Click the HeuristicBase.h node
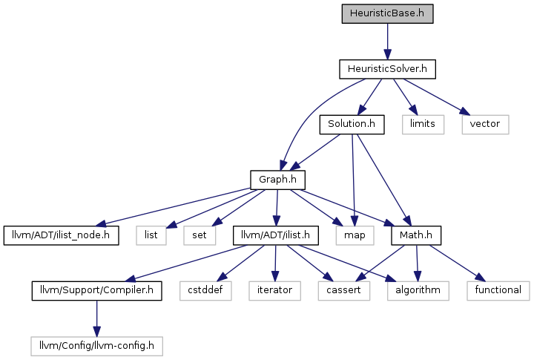tap(387, 13)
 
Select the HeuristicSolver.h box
tap(387, 69)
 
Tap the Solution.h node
tap(352, 125)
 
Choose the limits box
tap(423, 125)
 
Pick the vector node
tap(485, 125)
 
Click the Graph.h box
tap(277, 180)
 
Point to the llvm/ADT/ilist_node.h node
tap(62, 235)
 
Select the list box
tap(151, 235)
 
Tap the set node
tap(200, 235)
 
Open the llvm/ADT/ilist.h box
tap(276, 235)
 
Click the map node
tap(355, 235)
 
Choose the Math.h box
tap(416, 235)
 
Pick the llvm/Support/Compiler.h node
tap(96, 291)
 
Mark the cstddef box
tap(205, 291)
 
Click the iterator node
tap(275, 291)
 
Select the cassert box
tap(344, 291)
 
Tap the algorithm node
tap(418, 291)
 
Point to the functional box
tap(498, 291)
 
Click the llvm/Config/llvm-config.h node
tap(96, 347)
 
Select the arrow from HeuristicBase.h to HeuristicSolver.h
tap(387, 42)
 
